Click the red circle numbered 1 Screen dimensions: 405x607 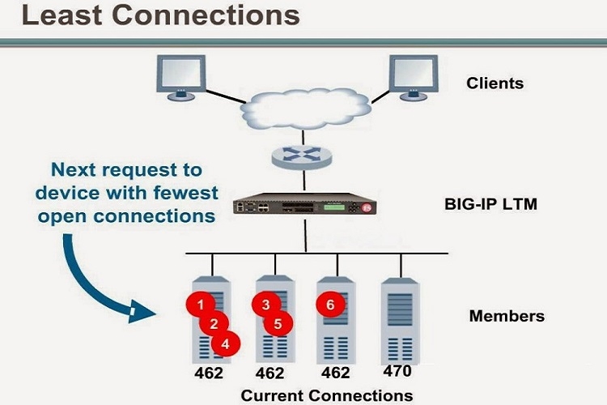(200, 305)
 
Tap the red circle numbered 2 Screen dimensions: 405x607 (214, 324)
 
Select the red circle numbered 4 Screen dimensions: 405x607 (226, 343)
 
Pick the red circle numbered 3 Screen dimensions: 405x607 (265, 305)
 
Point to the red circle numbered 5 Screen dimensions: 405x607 (278, 324)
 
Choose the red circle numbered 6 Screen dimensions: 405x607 (329, 305)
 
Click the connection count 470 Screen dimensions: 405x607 (398, 372)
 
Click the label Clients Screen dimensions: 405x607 (495, 83)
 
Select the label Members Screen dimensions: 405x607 (507, 316)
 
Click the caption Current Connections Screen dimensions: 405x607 (326, 394)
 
